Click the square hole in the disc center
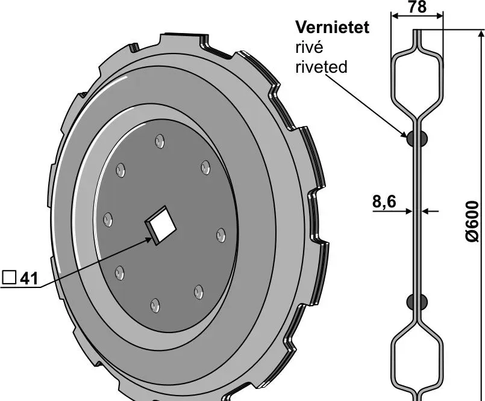click(x=161, y=226)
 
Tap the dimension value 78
click(x=417, y=8)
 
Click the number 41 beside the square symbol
click(x=29, y=278)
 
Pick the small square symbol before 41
click(x=8, y=278)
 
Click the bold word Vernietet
click(x=332, y=27)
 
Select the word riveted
click(x=321, y=67)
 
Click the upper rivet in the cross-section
click(x=417, y=138)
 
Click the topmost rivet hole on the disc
click(x=160, y=141)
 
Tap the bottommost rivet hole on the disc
click(x=155, y=305)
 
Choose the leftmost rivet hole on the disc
click(x=108, y=219)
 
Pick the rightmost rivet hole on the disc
click(x=221, y=234)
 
